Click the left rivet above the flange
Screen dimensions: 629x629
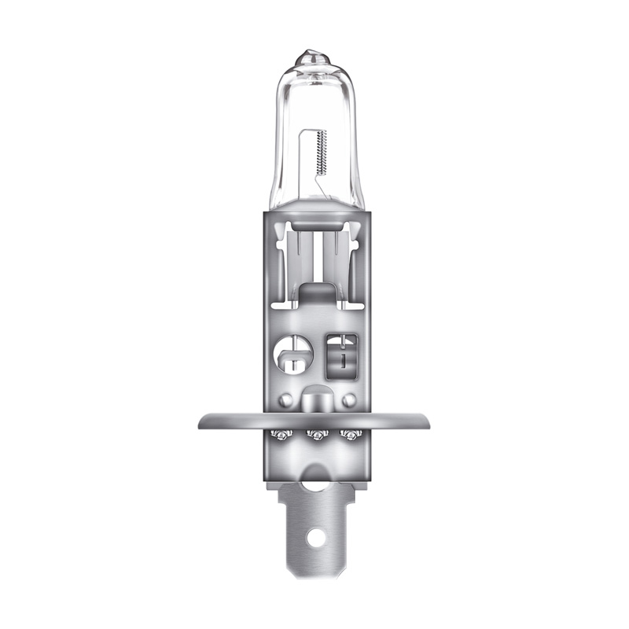click(x=286, y=399)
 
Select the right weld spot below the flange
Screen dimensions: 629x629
click(x=346, y=435)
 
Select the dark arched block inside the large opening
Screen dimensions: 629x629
click(x=314, y=296)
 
